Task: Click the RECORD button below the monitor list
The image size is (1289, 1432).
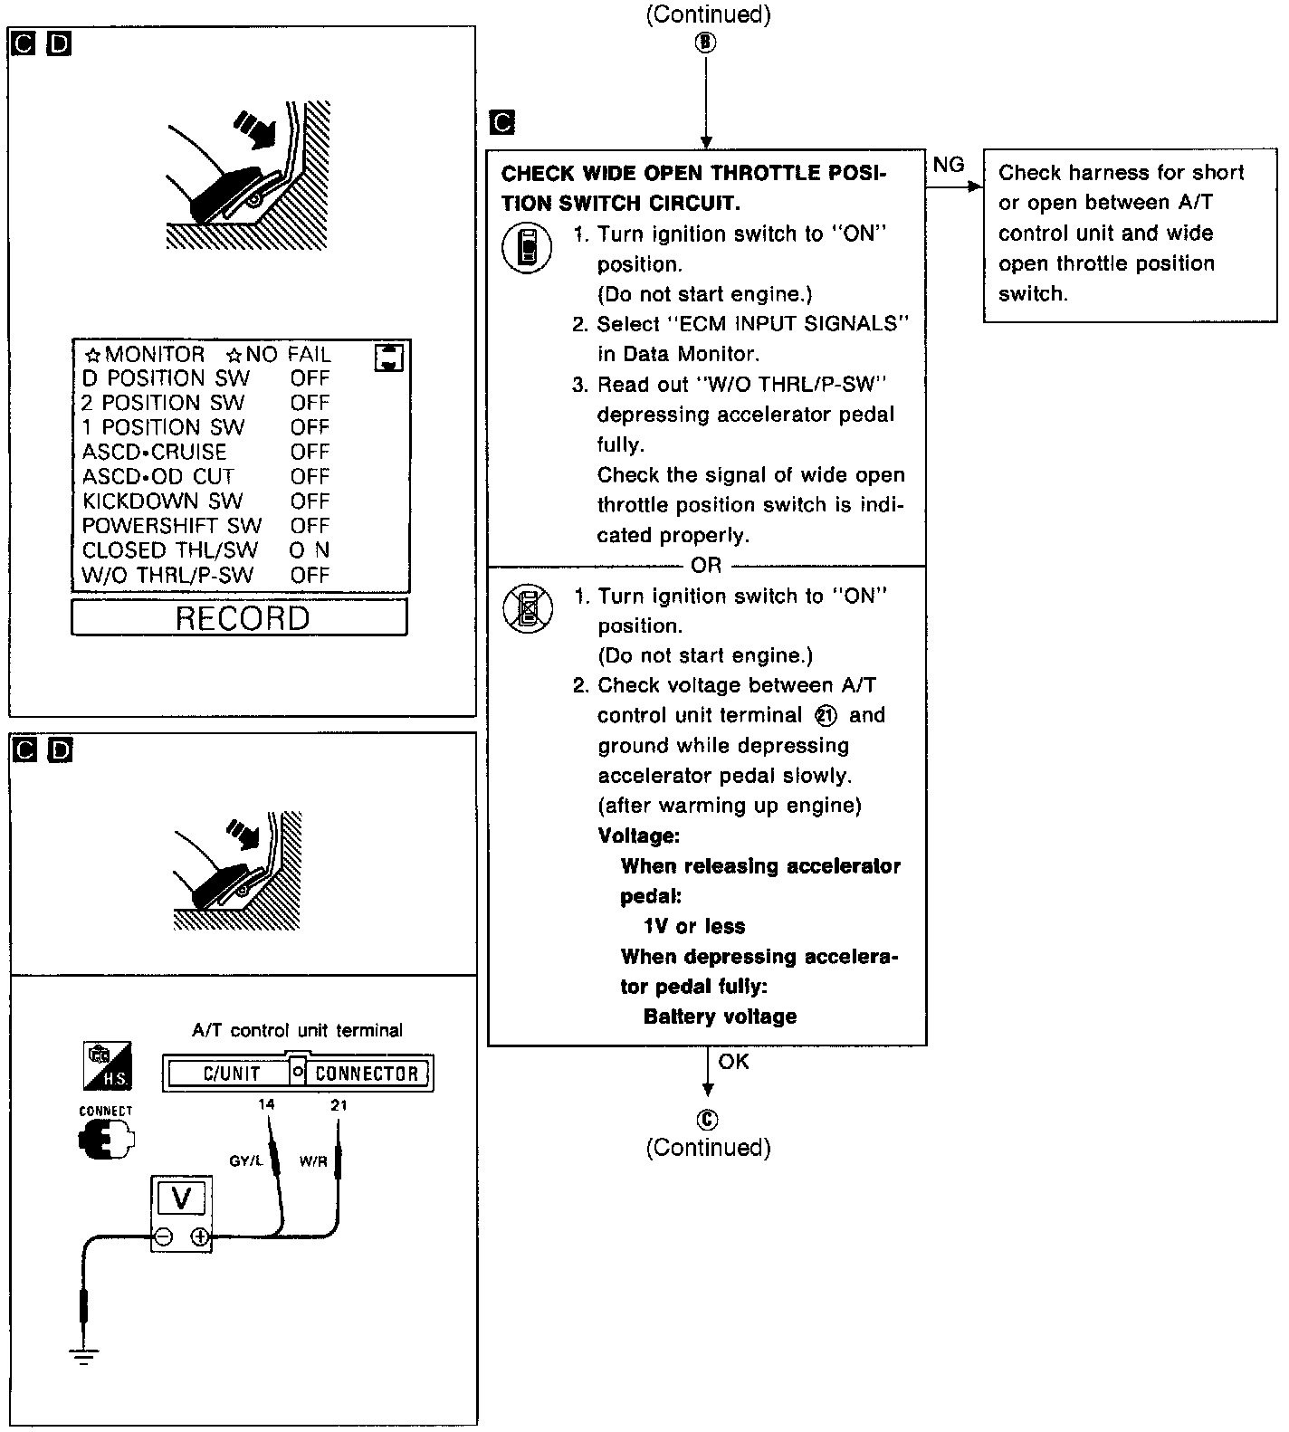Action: coord(240,618)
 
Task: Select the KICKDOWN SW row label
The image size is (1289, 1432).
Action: coord(163,501)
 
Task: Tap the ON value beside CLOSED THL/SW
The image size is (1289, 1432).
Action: coord(310,550)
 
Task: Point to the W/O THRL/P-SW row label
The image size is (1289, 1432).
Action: coord(168,575)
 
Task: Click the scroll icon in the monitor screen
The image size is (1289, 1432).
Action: coord(389,358)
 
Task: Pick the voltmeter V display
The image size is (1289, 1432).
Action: coord(181,1198)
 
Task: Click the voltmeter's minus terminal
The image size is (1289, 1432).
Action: coord(163,1236)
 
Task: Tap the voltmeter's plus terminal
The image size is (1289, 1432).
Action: coord(200,1236)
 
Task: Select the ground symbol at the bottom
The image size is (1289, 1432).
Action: coord(83,1355)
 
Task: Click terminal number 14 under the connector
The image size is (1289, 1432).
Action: coord(266,1104)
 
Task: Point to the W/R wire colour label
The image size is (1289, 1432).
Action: coord(313,1161)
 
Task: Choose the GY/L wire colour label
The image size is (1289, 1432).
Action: coord(245,1161)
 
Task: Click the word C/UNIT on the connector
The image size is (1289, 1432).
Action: coord(232,1074)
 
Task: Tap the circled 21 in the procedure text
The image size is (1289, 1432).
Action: coord(826,716)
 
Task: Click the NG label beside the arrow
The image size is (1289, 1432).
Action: coord(949,165)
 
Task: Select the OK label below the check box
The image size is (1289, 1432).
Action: coord(733,1061)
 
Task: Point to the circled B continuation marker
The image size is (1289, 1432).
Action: coord(706,43)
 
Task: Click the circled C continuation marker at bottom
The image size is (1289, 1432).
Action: coord(707,1121)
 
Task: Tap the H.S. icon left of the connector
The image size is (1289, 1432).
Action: coord(107,1065)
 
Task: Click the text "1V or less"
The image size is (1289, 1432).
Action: coord(694,927)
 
